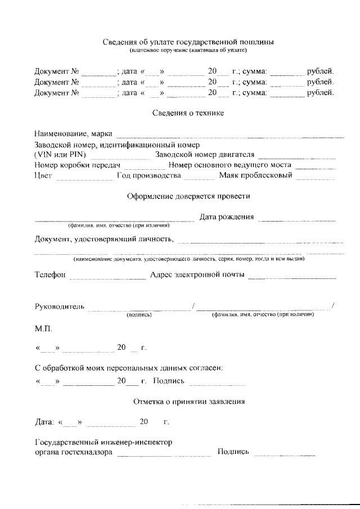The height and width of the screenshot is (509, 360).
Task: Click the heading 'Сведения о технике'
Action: coord(188,113)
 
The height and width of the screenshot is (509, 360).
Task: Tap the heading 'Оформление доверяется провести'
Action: coord(188,196)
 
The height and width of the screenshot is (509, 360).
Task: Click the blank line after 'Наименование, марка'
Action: coord(229,135)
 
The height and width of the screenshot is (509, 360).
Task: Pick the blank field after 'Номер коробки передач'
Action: coord(144,167)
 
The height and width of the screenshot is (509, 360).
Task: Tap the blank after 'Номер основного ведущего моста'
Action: coord(315,167)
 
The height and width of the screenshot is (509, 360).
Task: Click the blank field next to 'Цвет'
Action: coord(84,178)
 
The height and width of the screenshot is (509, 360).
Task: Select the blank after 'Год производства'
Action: coord(199,178)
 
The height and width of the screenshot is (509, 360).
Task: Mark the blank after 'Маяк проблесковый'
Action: coord(316,178)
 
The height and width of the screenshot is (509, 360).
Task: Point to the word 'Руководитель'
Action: coord(60,307)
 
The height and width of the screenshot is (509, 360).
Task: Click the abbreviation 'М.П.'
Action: coord(44,328)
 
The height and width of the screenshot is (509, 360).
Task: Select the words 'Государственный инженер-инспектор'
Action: coord(103,442)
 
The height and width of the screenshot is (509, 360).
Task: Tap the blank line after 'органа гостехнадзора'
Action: coord(164,453)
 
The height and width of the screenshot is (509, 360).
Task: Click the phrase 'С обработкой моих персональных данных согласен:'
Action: coord(129,368)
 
